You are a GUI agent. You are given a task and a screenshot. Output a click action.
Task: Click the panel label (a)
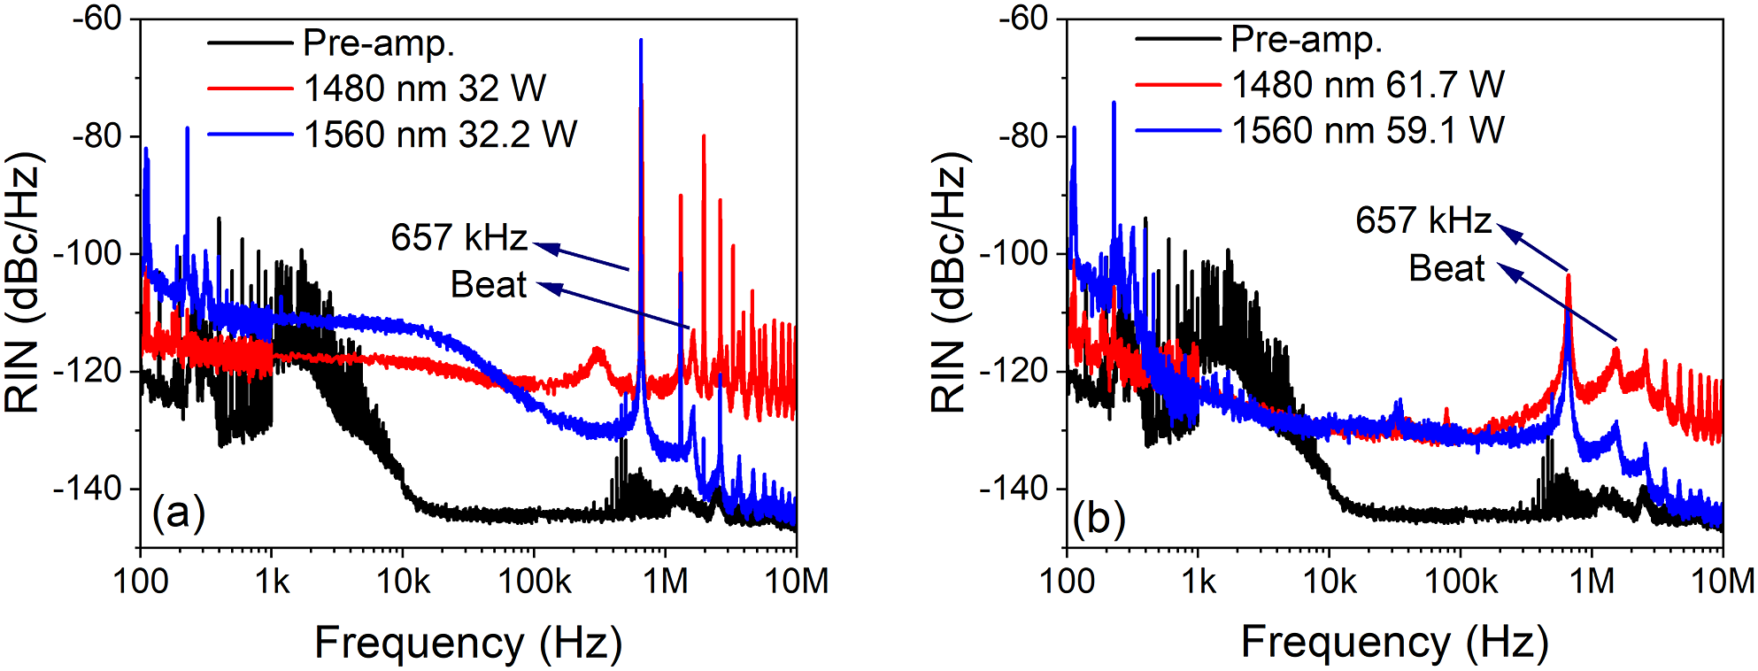click(178, 513)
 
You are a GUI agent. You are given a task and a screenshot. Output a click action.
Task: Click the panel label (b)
click(1099, 517)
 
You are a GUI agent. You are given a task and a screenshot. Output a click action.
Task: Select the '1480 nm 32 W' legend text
click(425, 89)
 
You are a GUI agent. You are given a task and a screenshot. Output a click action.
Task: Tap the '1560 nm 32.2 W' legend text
click(440, 135)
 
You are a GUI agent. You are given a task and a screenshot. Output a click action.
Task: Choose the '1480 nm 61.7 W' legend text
click(1368, 85)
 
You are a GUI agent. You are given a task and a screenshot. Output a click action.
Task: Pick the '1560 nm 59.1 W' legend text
click(1368, 131)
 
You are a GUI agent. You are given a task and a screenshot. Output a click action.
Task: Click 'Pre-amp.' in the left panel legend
click(379, 42)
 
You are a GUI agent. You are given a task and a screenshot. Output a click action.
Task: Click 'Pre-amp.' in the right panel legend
click(1307, 39)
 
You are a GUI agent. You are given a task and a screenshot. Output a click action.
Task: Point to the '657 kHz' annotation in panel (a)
click(459, 237)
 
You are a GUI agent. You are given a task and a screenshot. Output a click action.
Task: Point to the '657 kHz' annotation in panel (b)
click(1423, 220)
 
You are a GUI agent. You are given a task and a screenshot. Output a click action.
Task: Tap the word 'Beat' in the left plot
click(489, 285)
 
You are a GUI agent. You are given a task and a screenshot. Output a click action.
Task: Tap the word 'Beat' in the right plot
click(1446, 268)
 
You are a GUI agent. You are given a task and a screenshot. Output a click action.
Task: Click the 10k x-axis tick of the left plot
click(404, 582)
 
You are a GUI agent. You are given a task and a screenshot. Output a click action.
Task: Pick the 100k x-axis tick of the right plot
click(1460, 582)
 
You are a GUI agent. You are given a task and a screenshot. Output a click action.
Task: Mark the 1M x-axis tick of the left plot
click(665, 582)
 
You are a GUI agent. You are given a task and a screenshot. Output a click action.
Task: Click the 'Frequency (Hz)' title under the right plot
click(1394, 642)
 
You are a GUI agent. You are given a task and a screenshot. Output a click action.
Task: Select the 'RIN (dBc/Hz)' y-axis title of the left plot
click(24, 283)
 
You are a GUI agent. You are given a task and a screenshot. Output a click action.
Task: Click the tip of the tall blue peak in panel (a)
click(641, 40)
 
